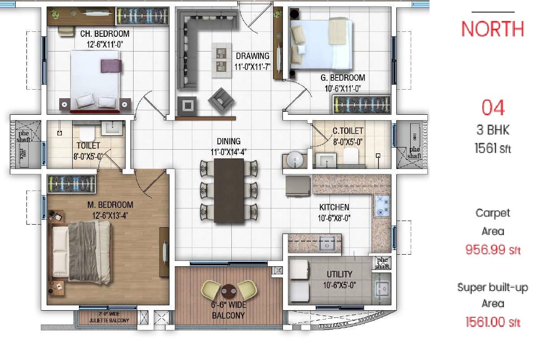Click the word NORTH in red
point(492,29)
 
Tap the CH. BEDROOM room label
point(104,34)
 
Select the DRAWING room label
point(253,56)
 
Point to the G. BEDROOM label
point(343,78)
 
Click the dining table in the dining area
point(229,191)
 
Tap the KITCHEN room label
point(334,208)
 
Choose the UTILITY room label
point(339,274)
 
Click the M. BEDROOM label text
point(110,205)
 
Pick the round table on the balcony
point(229,291)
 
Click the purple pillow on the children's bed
point(111,66)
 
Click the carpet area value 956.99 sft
point(493,249)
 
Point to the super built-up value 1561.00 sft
point(493,321)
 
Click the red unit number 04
point(493,108)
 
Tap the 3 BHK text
point(493,130)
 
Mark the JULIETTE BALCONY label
point(109,321)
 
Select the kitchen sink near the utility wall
point(327,243)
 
